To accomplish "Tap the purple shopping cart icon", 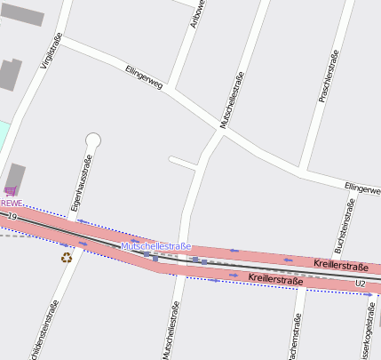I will [x=11, y=191].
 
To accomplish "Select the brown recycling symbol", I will [x=67, y=258].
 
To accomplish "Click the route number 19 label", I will [x=12, y=216].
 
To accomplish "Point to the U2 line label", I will [x=360, y=284].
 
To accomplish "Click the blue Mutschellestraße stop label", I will [x=155, y=245].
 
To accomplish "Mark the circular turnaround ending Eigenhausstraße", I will [x=93, y=140].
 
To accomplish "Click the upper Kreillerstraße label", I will [x=341, y=266].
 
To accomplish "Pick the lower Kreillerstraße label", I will [x=276, y=280].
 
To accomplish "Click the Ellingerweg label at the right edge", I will [x=361, y=188].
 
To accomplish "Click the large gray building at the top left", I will [x=21, y=13].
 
